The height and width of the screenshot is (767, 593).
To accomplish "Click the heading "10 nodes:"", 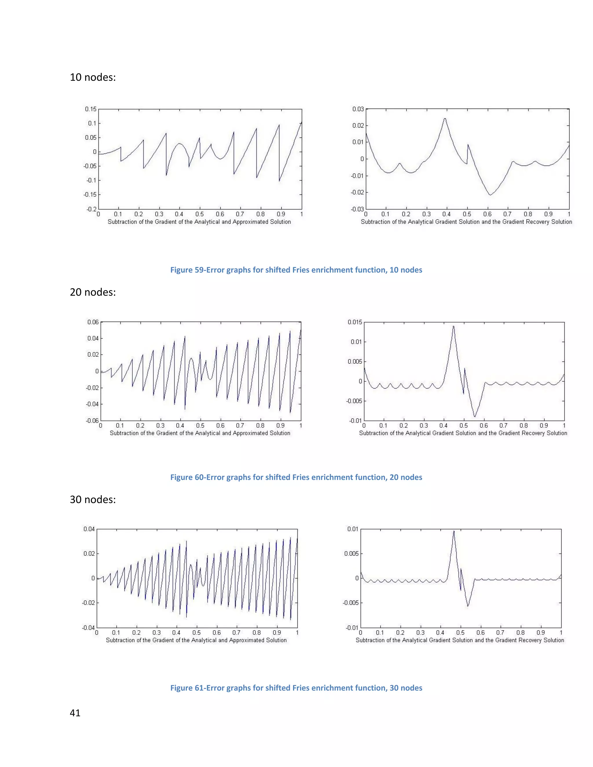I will click(x=93, y=77).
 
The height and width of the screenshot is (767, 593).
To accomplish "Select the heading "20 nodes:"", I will click(x=93, y=292).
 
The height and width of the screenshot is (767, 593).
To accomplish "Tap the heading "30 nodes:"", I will click(x=93, y=499).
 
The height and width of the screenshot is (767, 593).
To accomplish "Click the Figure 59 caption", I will click(x=296, y=270).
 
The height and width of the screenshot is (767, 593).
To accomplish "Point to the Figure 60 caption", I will click(x=296, y=477).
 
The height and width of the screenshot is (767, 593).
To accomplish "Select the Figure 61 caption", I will click(x=296, y=688).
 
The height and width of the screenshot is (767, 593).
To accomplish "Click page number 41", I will click(x=75, y=713).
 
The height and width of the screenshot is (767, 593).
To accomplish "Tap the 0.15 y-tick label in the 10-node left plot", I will click(x=91, y=109).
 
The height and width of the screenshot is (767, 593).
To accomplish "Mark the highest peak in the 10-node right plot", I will click(x=445, y=118).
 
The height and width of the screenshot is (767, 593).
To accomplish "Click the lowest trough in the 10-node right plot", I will click(x=490, y=194).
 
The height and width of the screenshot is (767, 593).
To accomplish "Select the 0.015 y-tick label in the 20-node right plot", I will click(x=354, y=322).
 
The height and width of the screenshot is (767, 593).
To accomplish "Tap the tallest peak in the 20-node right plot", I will click(x=453, y=326).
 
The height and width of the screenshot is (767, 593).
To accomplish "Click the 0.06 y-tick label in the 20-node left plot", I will click(x=93, y=322).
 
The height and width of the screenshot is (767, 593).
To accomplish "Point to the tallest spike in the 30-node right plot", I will click(x=454, y=531).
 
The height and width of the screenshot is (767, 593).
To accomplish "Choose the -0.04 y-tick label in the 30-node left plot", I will click(x=89, y=627).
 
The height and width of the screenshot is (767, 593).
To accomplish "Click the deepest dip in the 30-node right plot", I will click(x=468, y=606).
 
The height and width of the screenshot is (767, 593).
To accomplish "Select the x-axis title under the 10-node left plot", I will click(x=199, y=222).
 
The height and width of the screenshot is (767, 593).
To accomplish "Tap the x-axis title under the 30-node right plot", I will click(x=460, y=640).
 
